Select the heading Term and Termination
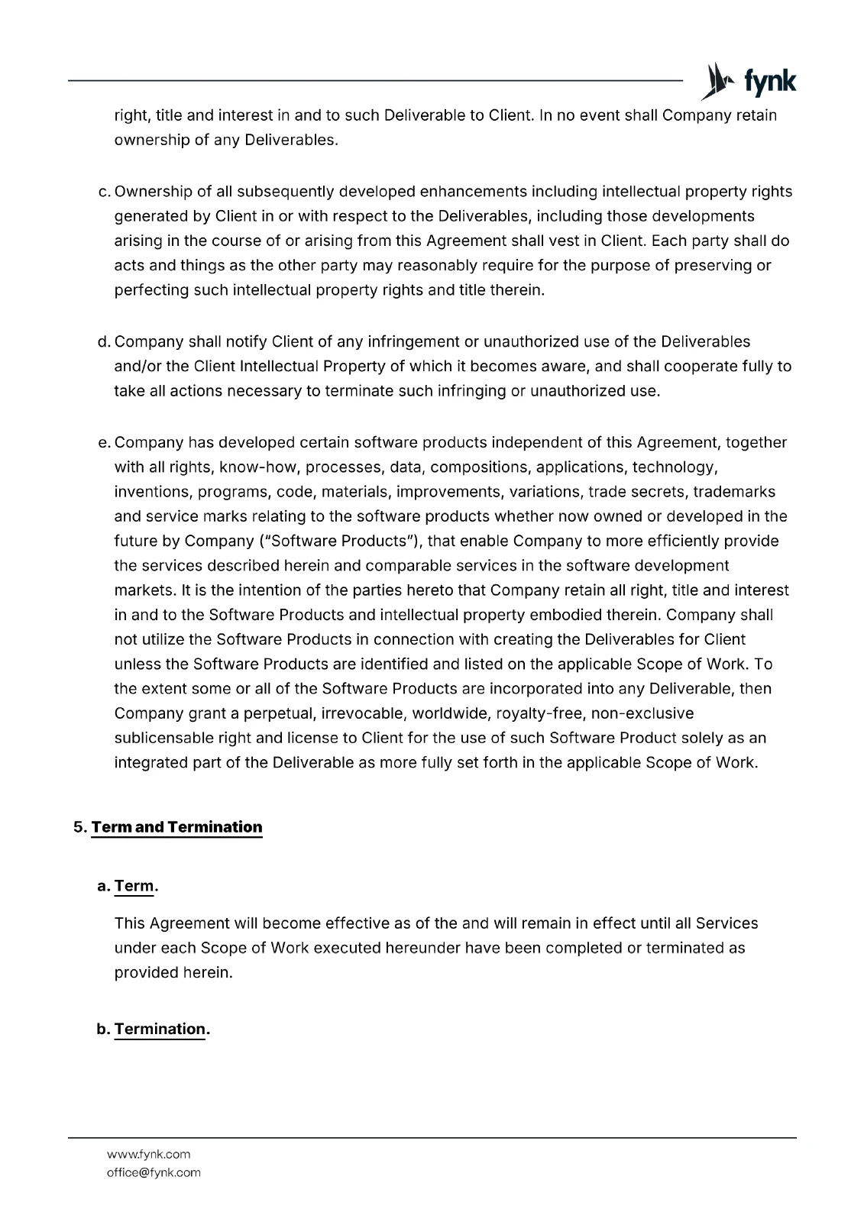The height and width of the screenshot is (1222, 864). coord(176,827)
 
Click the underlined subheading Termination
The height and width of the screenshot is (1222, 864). coord(160,1029)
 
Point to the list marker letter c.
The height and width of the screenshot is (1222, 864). coord(104,192)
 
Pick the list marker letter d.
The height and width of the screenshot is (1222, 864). coord(104,341)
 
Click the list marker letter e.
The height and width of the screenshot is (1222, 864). coord(104,443)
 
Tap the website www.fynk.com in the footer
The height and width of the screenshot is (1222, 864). coord(148,1154)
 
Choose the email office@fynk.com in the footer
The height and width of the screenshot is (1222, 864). coord(154,1172)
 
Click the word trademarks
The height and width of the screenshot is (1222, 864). coord(733,492)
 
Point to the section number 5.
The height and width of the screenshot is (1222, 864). coord(79,827)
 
